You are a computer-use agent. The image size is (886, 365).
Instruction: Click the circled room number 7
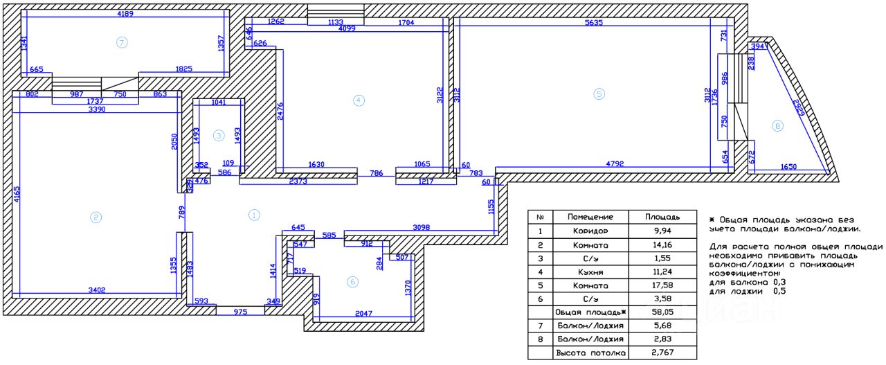123,43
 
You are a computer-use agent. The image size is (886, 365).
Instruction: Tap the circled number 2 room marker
96,217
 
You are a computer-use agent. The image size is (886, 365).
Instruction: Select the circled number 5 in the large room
599,94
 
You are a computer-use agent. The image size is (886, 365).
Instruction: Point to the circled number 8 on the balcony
777,126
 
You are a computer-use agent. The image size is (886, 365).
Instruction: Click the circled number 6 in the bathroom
352,282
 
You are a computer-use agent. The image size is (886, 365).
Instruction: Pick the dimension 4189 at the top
125,14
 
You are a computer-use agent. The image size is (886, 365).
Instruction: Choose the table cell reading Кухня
591,271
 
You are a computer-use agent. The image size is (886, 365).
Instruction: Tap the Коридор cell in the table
591,231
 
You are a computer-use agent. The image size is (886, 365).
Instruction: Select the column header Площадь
662,217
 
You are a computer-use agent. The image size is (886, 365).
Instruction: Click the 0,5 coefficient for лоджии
780,291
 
